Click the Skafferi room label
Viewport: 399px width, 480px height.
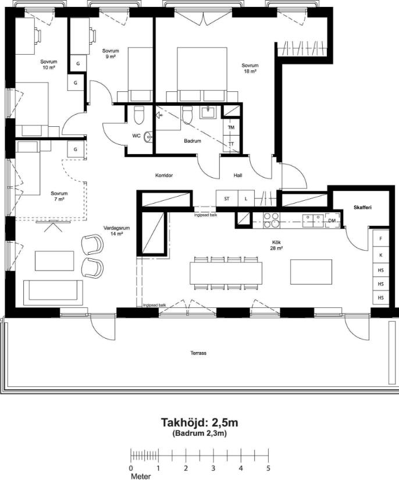click(362, 208)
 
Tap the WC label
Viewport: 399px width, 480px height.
click(137, 136)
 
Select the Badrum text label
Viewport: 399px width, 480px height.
click(193, 141)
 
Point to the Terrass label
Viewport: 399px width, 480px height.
click(198, 353)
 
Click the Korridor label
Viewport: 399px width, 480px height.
click(164, 175)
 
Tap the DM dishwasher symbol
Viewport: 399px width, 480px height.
click(332, 221)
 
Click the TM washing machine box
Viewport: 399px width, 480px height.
click(231, 127)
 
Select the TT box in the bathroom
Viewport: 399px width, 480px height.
click(231, 143)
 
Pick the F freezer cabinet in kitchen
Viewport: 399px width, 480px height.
click(380, 239)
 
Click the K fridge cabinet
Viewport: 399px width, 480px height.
click(380, 255)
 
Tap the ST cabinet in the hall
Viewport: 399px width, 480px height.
click(227, 198)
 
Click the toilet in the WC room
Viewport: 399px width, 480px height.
click(139, 115)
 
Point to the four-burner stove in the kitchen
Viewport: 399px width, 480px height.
click(271, 221)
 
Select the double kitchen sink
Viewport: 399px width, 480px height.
click(313, 221)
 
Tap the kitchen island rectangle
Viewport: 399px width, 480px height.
click(311, 272)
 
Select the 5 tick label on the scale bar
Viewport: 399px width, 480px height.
click(268, 468)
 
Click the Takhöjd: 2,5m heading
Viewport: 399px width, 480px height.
click(199, 423)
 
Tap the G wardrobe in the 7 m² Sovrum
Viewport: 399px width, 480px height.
click(75, 150)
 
